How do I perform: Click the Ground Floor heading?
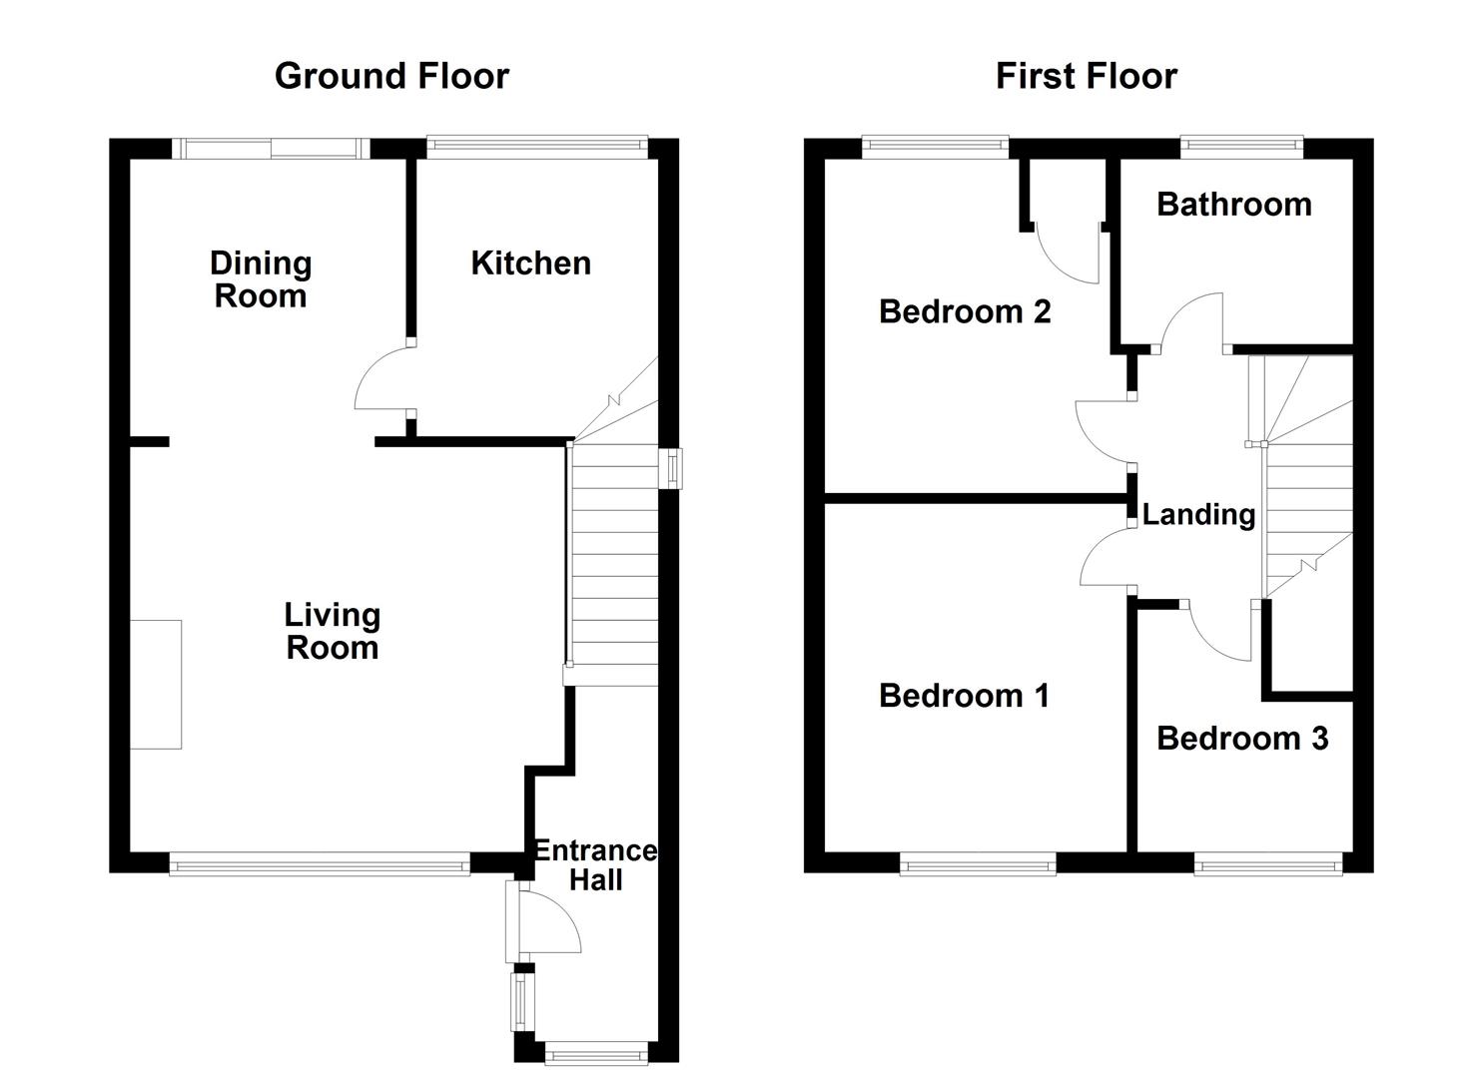391,76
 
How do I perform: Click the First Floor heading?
1086,76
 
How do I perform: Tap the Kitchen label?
530,264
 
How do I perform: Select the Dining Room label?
261,279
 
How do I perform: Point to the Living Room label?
332,631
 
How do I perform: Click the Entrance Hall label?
595,864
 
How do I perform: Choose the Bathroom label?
1233,205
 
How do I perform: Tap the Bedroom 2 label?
965,311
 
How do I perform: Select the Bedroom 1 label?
964,696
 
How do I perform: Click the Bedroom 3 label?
1241,739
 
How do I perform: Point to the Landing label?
1198,515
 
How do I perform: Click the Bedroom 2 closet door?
1069,255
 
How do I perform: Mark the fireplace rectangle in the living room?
156,684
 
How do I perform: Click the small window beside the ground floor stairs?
675,468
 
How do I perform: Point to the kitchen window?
537,148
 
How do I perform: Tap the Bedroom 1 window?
977,864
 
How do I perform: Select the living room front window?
319,864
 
